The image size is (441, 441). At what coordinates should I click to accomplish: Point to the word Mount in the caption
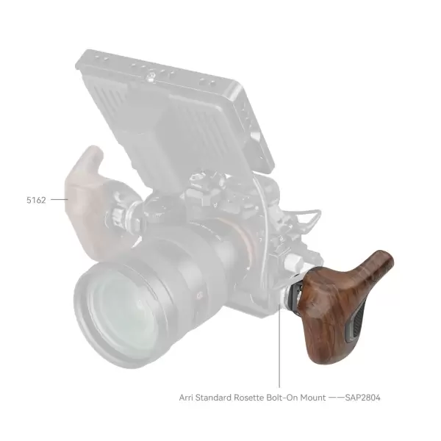[316, 398]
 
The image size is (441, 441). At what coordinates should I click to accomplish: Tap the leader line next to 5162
[60, 198]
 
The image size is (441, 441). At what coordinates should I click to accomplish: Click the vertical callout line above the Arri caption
[279, 353]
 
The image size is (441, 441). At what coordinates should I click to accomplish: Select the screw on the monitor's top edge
[151, 74]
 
